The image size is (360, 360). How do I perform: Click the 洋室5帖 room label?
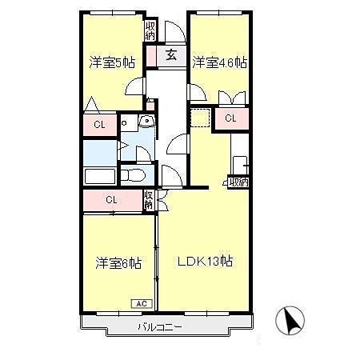(x=112, y=62)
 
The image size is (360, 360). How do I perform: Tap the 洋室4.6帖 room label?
(x=219, y=62)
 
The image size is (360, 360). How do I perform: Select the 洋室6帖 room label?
(x=118, y=262)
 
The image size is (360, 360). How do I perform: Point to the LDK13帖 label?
(x=205, y=262)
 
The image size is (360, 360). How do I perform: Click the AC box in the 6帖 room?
(x=142, y=304)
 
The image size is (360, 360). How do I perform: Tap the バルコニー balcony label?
(x=160, y=326)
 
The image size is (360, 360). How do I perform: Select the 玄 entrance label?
(x=171, y=55)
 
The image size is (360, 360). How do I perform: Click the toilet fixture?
(x=133, y=175)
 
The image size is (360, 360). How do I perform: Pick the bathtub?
(x=100, y=177)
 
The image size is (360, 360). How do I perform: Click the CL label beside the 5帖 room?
(x=99, y=125)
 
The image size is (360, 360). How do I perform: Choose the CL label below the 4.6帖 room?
(x=230, y=118)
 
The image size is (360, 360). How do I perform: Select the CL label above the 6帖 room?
(x=111, y=200)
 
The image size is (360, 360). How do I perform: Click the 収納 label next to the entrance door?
(x=150, y=31)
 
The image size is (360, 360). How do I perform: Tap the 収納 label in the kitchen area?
(x=239, y=182)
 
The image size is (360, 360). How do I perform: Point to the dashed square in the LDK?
(x=201, y=118)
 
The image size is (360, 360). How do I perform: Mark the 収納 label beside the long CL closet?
(x=149, y=200)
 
